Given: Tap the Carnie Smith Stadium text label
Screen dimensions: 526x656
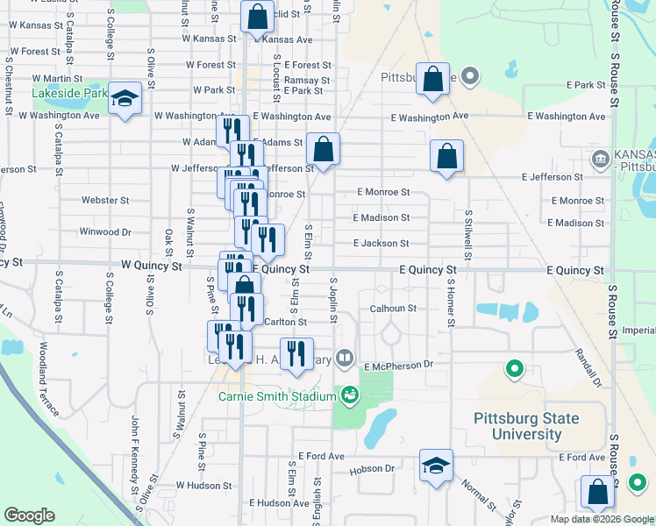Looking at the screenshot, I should coord(277,397).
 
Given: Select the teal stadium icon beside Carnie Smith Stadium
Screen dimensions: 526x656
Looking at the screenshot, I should coord(350,396).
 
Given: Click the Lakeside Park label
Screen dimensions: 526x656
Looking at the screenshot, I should coord(69,93).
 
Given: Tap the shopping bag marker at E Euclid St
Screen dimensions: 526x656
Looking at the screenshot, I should coord(257,18).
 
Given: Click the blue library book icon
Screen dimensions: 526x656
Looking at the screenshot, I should coord(346,358).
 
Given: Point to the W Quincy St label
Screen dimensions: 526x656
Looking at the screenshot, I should coord(152,264).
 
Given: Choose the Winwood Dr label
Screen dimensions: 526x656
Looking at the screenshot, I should coord(104,232).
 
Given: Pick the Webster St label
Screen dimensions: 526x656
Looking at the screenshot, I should coord(105,200).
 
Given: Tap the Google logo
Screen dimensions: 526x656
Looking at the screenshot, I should coord(29,515).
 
